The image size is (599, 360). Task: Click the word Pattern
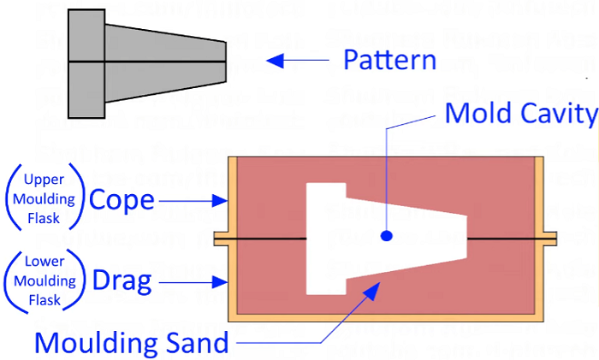pyautogui.click(x=389, y=60)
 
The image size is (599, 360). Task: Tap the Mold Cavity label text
pyautogui.click(x=519, y=113)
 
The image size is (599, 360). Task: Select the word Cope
pyautogui.click(x=122, y=200)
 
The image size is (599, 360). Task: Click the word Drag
pyautogui.click(x=122, y=280)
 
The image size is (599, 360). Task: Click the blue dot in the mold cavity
pyautogui.click(x=387, y=235)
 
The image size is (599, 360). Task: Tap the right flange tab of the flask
pyautogui.click(x=549, y=236)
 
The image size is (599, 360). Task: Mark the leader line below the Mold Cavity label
pyautogui.click(x=387, y=171)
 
